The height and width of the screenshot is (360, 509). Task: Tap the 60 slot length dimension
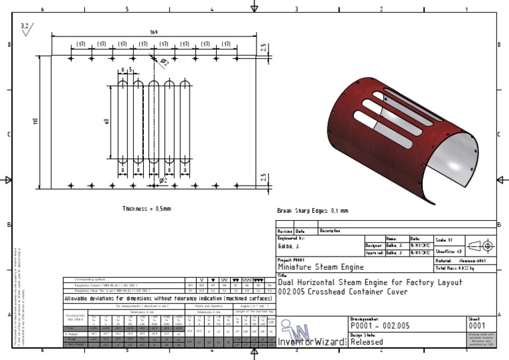click(105, 121)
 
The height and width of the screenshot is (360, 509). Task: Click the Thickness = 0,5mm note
click(146, 208)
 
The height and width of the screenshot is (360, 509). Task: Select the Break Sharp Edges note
click(312, 211)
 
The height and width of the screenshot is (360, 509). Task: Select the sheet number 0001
click(477, 326)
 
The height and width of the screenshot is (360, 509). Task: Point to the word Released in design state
click(367, 342)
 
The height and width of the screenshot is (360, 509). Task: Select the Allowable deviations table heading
click(168, 299)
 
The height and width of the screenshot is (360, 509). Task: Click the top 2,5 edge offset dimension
click(263, 48)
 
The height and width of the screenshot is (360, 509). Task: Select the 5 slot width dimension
click(131, 68)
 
